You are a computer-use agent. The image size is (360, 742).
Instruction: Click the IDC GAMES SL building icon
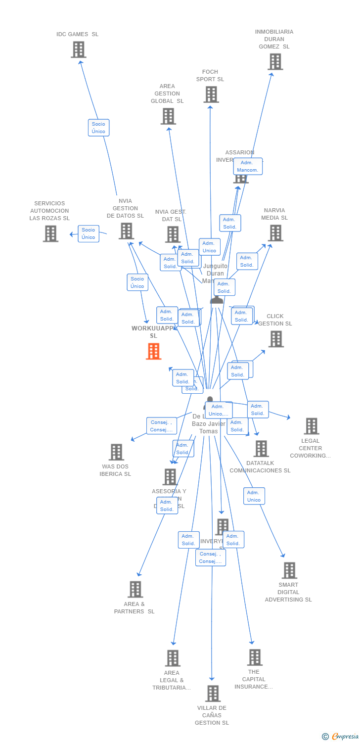[x=79, y=49]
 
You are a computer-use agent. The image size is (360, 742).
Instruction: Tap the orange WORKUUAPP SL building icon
[x=154, y=351]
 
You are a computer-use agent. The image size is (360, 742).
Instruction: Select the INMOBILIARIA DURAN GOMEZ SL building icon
[x=275, y=62]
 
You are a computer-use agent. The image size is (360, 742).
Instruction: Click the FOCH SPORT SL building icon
[x=211, y=94]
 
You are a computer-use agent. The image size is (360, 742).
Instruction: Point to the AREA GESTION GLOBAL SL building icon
[x=168, y=116]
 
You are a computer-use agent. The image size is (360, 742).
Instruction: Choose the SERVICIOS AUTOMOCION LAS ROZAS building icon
[x=50, y=233]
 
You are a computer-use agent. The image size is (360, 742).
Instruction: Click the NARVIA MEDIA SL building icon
[x=275, y=233]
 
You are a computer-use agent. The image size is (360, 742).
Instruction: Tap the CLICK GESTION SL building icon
[x=276, y=339]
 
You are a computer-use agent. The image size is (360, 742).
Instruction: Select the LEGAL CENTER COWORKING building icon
[x=311, y=426]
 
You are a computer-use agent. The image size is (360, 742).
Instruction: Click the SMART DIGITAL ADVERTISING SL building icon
[x=289, y=570]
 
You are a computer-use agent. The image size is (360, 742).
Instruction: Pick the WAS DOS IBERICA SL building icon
[x=116, y=452]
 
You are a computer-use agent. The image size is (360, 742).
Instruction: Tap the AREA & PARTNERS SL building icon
[x=135, y=589]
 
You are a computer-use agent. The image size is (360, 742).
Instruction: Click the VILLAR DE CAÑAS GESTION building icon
[x=213, y=694]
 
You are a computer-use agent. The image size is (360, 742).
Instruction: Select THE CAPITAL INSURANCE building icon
[x=255, y=657]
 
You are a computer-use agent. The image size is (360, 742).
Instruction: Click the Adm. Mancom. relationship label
[x=248, y=166]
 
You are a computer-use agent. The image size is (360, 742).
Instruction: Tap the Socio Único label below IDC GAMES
[x=98, y=128]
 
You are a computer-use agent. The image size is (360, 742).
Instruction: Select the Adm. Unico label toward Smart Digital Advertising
[x=254, y=496]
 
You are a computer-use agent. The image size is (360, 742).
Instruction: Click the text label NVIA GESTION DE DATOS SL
[x=125, y=208]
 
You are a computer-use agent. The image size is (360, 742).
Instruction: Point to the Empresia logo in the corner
[x=341, y=737]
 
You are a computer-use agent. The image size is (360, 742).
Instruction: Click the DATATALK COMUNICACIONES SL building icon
[x=261, y=449]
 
